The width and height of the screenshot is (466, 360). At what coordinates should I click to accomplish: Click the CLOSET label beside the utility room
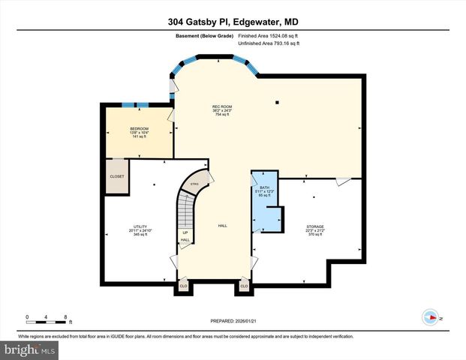(x=117, y=176)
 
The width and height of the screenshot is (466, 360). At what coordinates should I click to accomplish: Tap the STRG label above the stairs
(x=194, y=184)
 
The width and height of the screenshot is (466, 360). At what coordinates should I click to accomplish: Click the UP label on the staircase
(x=185, y=232)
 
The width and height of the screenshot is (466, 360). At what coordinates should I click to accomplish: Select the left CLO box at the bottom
(x=184, y=286)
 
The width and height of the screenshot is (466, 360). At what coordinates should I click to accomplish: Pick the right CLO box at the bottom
(x=244, y=286)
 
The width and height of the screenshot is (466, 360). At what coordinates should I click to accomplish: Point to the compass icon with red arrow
(x=430, y=316)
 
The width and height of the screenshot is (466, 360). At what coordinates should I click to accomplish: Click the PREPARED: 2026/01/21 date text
(x=233, y=318)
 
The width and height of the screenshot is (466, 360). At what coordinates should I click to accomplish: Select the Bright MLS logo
(x=29, y=349)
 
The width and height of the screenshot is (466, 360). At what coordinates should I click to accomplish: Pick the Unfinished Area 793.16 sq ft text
(x=269, y=44)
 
